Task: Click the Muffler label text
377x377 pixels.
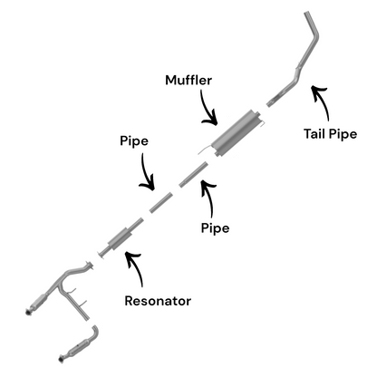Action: (x=188, y=80)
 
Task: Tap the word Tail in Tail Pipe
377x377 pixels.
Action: (x=314, y=133)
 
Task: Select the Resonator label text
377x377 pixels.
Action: (x=158, y=301)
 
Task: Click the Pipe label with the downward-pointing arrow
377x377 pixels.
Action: (x=134, y=141)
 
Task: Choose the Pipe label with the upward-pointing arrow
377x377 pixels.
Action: (x=215, y=227)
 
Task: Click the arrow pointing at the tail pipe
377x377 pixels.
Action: (x=322, y=101)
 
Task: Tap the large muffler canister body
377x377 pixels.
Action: (x=237, y=133)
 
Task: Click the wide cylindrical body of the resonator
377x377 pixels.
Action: (x=120, y=239)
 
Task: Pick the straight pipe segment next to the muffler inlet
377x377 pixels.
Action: (x=194, y=174)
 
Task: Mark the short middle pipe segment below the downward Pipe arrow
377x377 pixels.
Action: (x=161, y=202)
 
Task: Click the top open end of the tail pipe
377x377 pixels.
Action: (x=307, y=13)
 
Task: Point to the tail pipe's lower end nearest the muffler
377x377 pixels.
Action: (x=269, y=104)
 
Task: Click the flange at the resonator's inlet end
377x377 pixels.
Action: (x=101, y=255)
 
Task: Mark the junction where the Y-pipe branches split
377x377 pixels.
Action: (x=60, y=286)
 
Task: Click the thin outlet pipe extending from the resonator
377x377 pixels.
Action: (x=136, y=224)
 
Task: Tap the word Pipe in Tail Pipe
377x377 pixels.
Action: (x=343, y=134)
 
